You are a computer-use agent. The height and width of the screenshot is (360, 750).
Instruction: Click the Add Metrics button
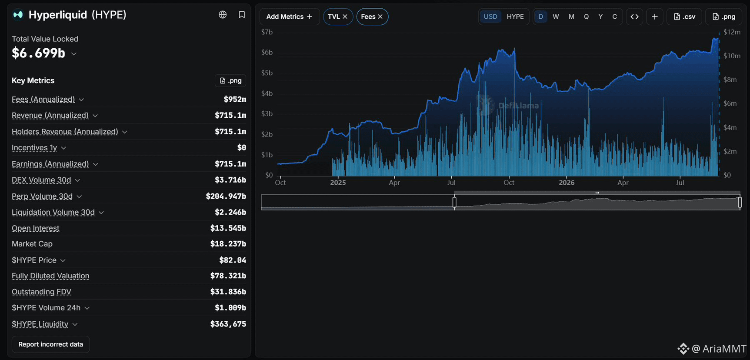(289, 17)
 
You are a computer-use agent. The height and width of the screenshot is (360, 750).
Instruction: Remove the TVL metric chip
(345, 17)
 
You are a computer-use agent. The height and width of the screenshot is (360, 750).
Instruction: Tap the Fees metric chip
(372, 17)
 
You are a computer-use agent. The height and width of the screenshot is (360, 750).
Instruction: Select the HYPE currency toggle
(515, 17)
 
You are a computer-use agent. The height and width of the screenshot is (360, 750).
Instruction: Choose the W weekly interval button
(556, 17)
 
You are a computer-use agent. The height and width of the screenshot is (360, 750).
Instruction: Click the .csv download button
(684, 17)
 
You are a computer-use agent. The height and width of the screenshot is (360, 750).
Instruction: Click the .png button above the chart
(724, 17)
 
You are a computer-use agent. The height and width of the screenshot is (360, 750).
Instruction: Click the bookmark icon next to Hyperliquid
(242, 15)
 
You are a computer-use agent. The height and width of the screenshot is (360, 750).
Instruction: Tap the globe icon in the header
(223, 15)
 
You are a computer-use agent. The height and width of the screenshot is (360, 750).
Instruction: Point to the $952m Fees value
(235, 99)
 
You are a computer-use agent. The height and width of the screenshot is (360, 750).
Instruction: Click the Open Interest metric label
(36, 228)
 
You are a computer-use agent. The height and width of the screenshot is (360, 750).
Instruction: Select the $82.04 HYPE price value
(233, 260)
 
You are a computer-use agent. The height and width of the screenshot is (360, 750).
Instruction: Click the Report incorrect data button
(50, 344)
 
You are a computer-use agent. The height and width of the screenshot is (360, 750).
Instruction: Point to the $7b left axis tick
(267, 32)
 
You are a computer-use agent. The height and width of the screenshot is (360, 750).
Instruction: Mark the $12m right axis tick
(732, 32)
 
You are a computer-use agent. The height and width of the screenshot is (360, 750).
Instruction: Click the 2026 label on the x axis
(567, 183)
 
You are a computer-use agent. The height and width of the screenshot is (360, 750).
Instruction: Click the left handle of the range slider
(454, 202)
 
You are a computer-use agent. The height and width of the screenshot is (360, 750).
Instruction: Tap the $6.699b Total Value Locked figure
(38, 53)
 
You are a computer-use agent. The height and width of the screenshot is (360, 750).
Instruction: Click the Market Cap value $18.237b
(228, 244)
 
